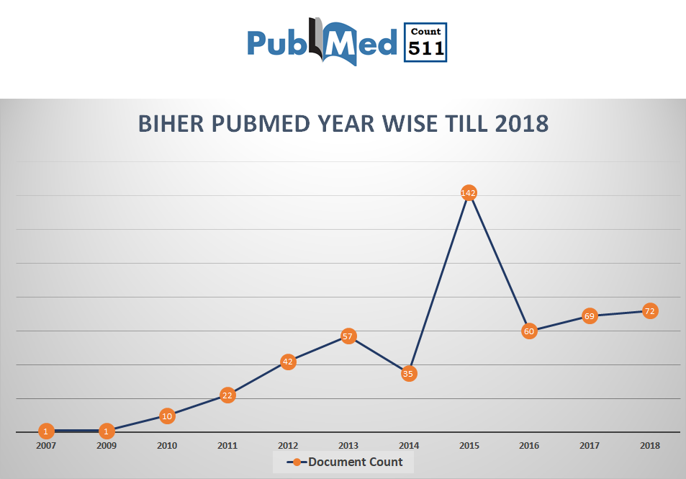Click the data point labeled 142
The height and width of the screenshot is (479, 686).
[469, 193]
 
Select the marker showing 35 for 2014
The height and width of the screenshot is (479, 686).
[409, 373]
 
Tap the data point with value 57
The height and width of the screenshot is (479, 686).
[348, 336]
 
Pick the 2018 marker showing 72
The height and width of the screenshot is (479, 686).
[649, 311]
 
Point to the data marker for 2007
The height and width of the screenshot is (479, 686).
[46, 431]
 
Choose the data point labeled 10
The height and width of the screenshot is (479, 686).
[167, 416]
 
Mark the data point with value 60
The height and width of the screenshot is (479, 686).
[530, 331]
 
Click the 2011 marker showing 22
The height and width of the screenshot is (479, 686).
[227, 395]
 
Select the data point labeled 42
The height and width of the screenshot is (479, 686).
[288, 362]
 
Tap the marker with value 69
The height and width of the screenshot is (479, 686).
[590, 316]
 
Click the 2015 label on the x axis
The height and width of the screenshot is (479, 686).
[469, 446]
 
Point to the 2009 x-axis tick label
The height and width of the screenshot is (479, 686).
[107, 446]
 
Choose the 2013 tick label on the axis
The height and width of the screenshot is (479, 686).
[348, 446]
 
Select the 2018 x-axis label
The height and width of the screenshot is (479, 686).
[649, 446]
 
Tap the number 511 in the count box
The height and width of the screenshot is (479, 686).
[425, 48]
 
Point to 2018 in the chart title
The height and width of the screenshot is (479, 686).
[522, 124]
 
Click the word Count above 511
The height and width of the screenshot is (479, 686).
[425, 32]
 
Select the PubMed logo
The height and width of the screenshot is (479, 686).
[322, 42]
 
